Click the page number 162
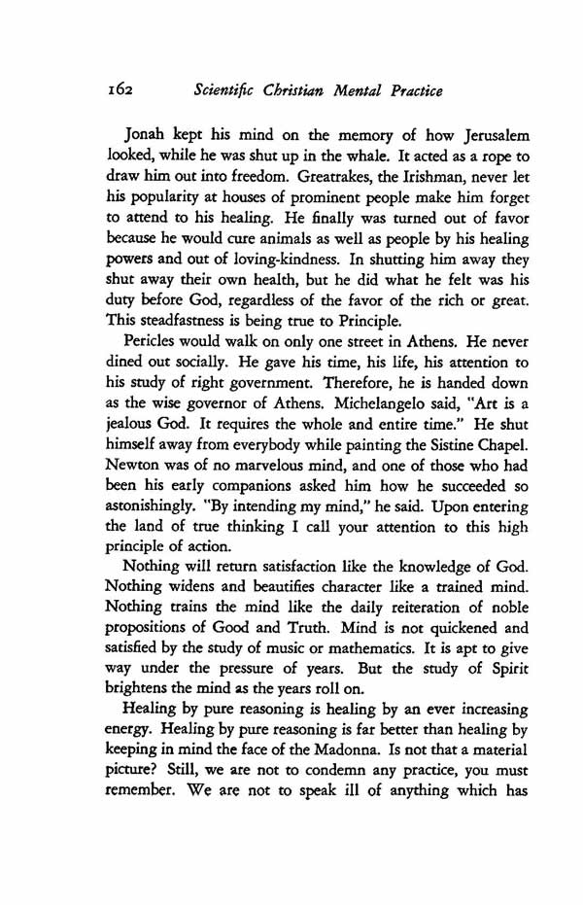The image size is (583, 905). tap(120, 91)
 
